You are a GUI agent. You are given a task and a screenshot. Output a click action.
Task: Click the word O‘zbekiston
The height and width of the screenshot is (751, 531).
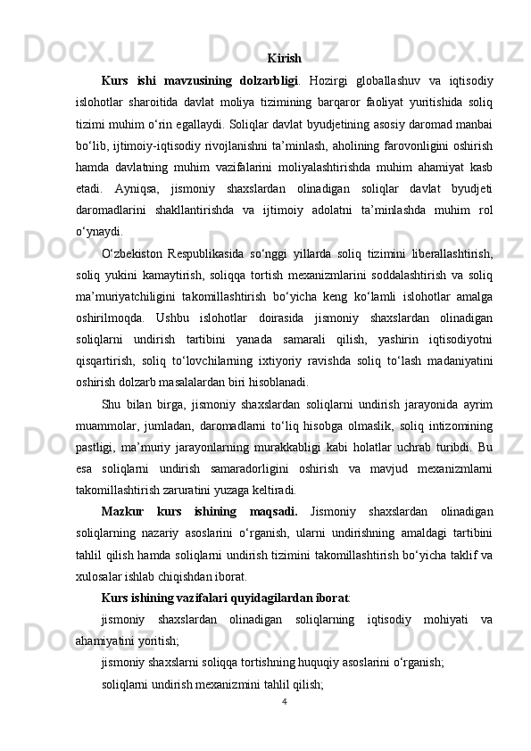(x=132, y=257)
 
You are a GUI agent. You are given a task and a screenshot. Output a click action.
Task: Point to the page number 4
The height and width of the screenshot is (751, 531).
(x=284, y=701)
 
